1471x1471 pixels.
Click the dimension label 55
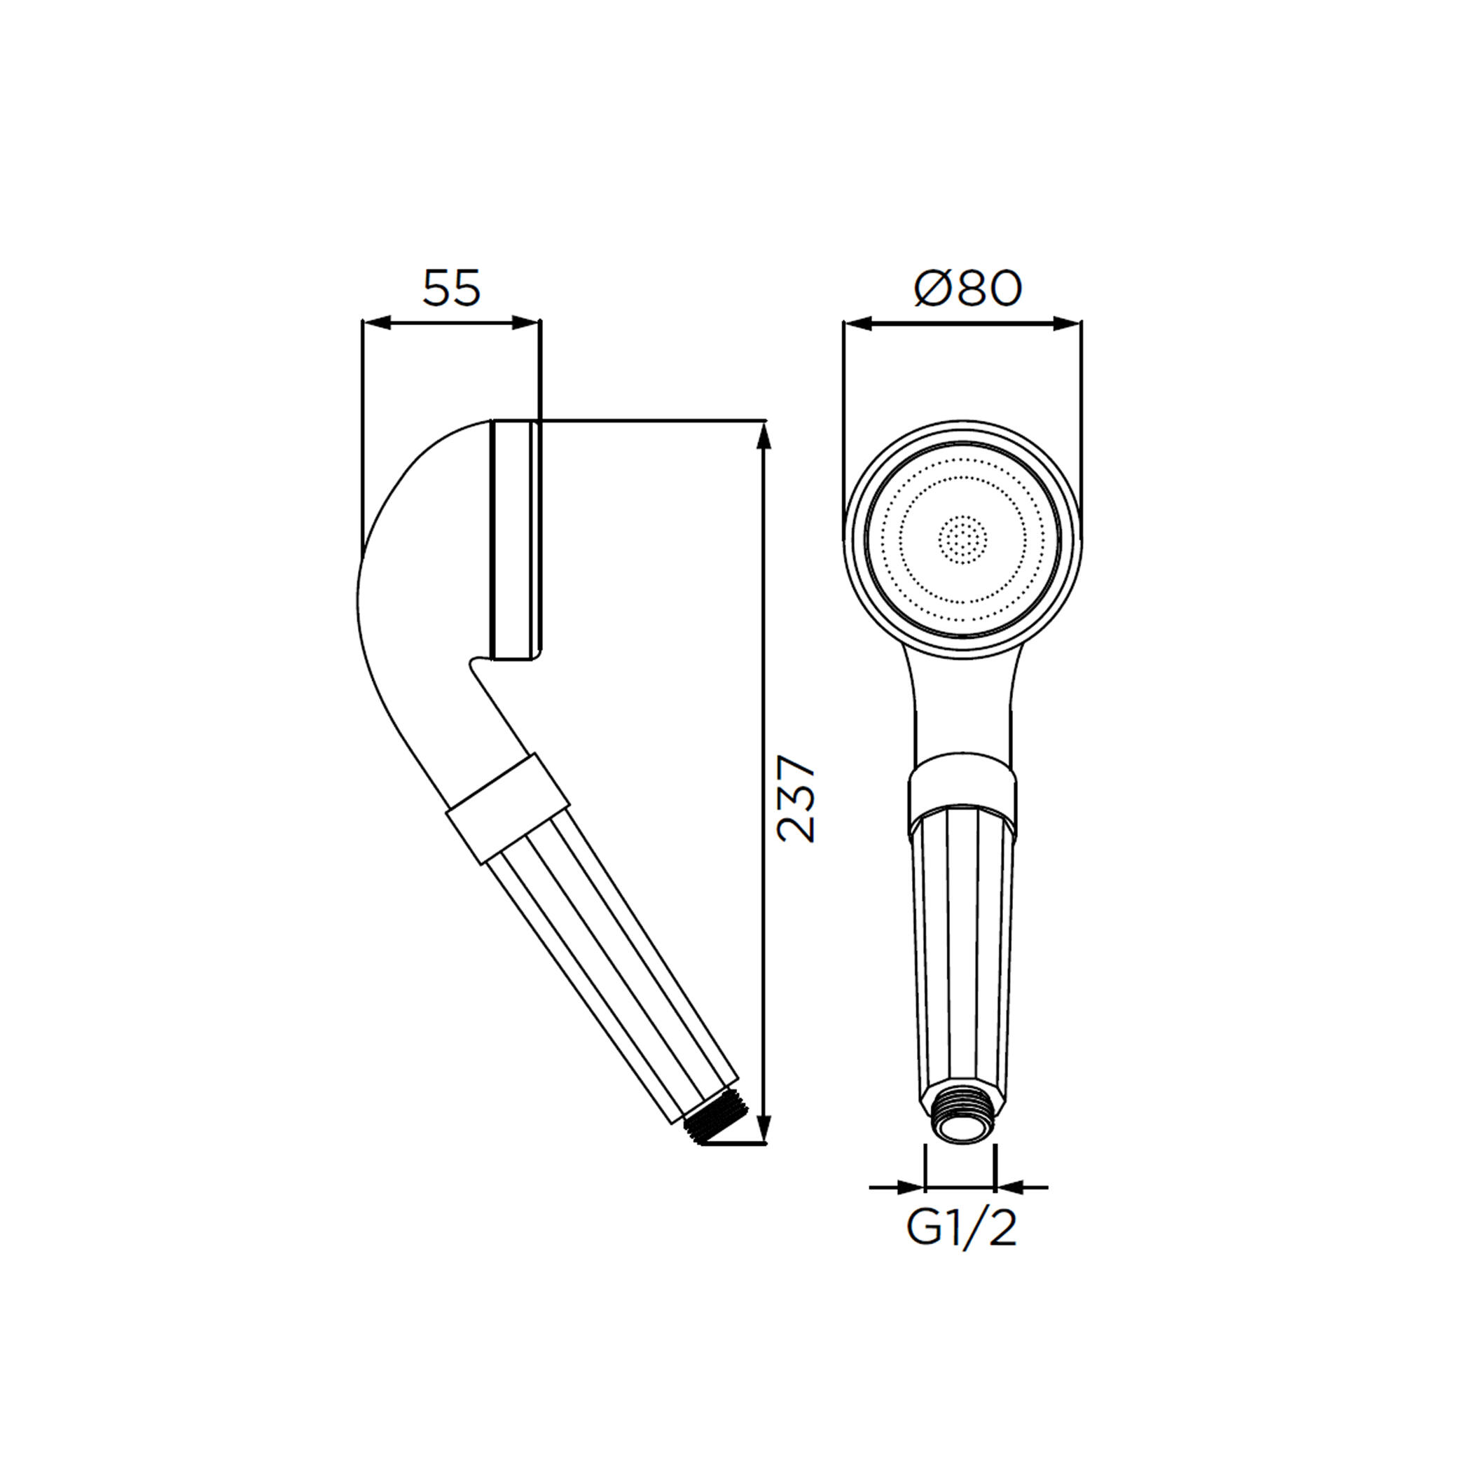pyautogui.click(x=452, y=289)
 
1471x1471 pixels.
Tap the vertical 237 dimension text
pyautogui.click(x=796, y=798)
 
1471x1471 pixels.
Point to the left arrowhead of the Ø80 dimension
pyautogui.click(x=858, y=324)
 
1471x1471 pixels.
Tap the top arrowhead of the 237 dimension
pyautogui.click(x=764, y=436)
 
